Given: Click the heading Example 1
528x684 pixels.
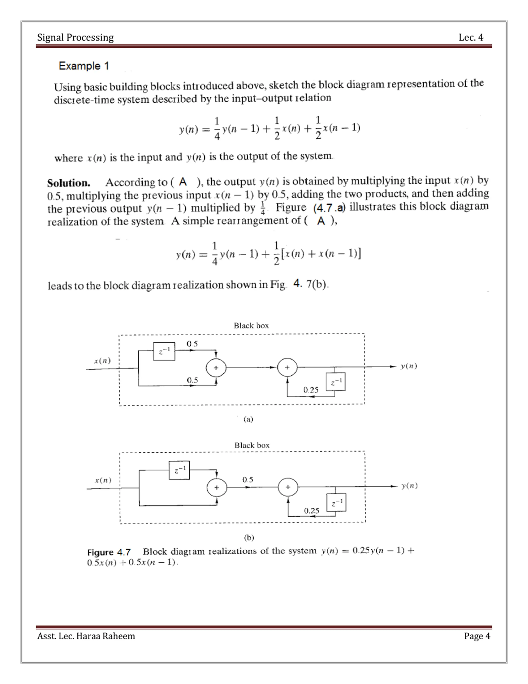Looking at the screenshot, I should point(84,66).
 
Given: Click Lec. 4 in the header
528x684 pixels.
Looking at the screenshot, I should point(471,38).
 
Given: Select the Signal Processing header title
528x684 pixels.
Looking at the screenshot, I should point(75,38).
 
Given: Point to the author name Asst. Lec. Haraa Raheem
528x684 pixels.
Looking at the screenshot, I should point(86,636).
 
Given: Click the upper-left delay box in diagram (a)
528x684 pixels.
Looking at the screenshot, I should point(164,351).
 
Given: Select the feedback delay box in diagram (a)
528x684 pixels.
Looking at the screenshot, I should point(336,382).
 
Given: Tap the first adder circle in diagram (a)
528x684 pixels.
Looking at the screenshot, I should point(216,368).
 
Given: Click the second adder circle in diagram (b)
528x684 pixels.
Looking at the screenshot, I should point(288,487).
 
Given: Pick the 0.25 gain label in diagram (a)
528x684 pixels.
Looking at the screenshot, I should point(311,390).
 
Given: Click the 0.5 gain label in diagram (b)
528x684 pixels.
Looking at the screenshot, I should point(247,480).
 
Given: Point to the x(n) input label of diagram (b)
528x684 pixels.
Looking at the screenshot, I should point(103,480).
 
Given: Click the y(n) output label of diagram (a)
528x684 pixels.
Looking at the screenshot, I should point(409,366).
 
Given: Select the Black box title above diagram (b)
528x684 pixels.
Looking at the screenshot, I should point(252,445).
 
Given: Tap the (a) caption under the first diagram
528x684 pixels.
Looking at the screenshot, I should point(248,419).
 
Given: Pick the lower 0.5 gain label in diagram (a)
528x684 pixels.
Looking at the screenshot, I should point(192,380).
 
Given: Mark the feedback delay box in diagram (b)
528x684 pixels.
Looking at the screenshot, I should point(336,503).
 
